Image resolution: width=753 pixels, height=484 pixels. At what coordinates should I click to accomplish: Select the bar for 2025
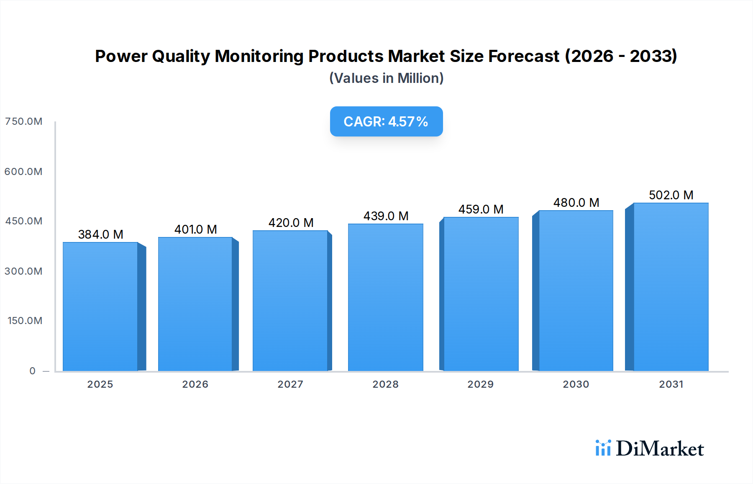(100, 306)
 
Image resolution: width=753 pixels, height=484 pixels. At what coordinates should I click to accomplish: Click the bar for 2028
(385, 297)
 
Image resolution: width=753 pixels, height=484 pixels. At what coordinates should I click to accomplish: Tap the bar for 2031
(671, 287)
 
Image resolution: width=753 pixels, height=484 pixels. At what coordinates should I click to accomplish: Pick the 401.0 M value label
(195, 229)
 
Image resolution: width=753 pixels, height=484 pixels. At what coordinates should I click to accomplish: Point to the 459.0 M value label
(481, 209)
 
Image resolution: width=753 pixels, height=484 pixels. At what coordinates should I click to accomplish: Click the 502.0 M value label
(671, 195)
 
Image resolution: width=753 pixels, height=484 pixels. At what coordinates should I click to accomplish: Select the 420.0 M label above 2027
(291, 223)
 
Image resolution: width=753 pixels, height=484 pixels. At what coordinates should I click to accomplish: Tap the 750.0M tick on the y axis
(23, 121)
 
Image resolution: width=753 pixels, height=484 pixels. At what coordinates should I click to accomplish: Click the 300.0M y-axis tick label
(23, 271)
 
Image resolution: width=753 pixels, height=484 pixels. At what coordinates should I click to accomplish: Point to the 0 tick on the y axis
(32, 371)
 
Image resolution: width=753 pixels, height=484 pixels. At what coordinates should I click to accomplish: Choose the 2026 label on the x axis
(195, 384)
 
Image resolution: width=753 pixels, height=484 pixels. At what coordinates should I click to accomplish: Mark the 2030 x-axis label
(576, 384)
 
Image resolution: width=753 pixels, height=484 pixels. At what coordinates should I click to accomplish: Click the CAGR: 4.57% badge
(386, 121)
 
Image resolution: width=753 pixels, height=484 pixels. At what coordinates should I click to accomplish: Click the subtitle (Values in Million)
(386, 78)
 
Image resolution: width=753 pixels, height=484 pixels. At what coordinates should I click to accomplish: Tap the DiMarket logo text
(660, 449)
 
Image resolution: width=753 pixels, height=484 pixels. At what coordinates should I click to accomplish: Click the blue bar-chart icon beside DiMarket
(603, 448)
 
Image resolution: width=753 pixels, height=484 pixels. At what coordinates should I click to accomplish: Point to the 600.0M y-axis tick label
(23, 172)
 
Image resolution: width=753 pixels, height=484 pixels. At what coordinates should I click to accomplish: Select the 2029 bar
(481, 294)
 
